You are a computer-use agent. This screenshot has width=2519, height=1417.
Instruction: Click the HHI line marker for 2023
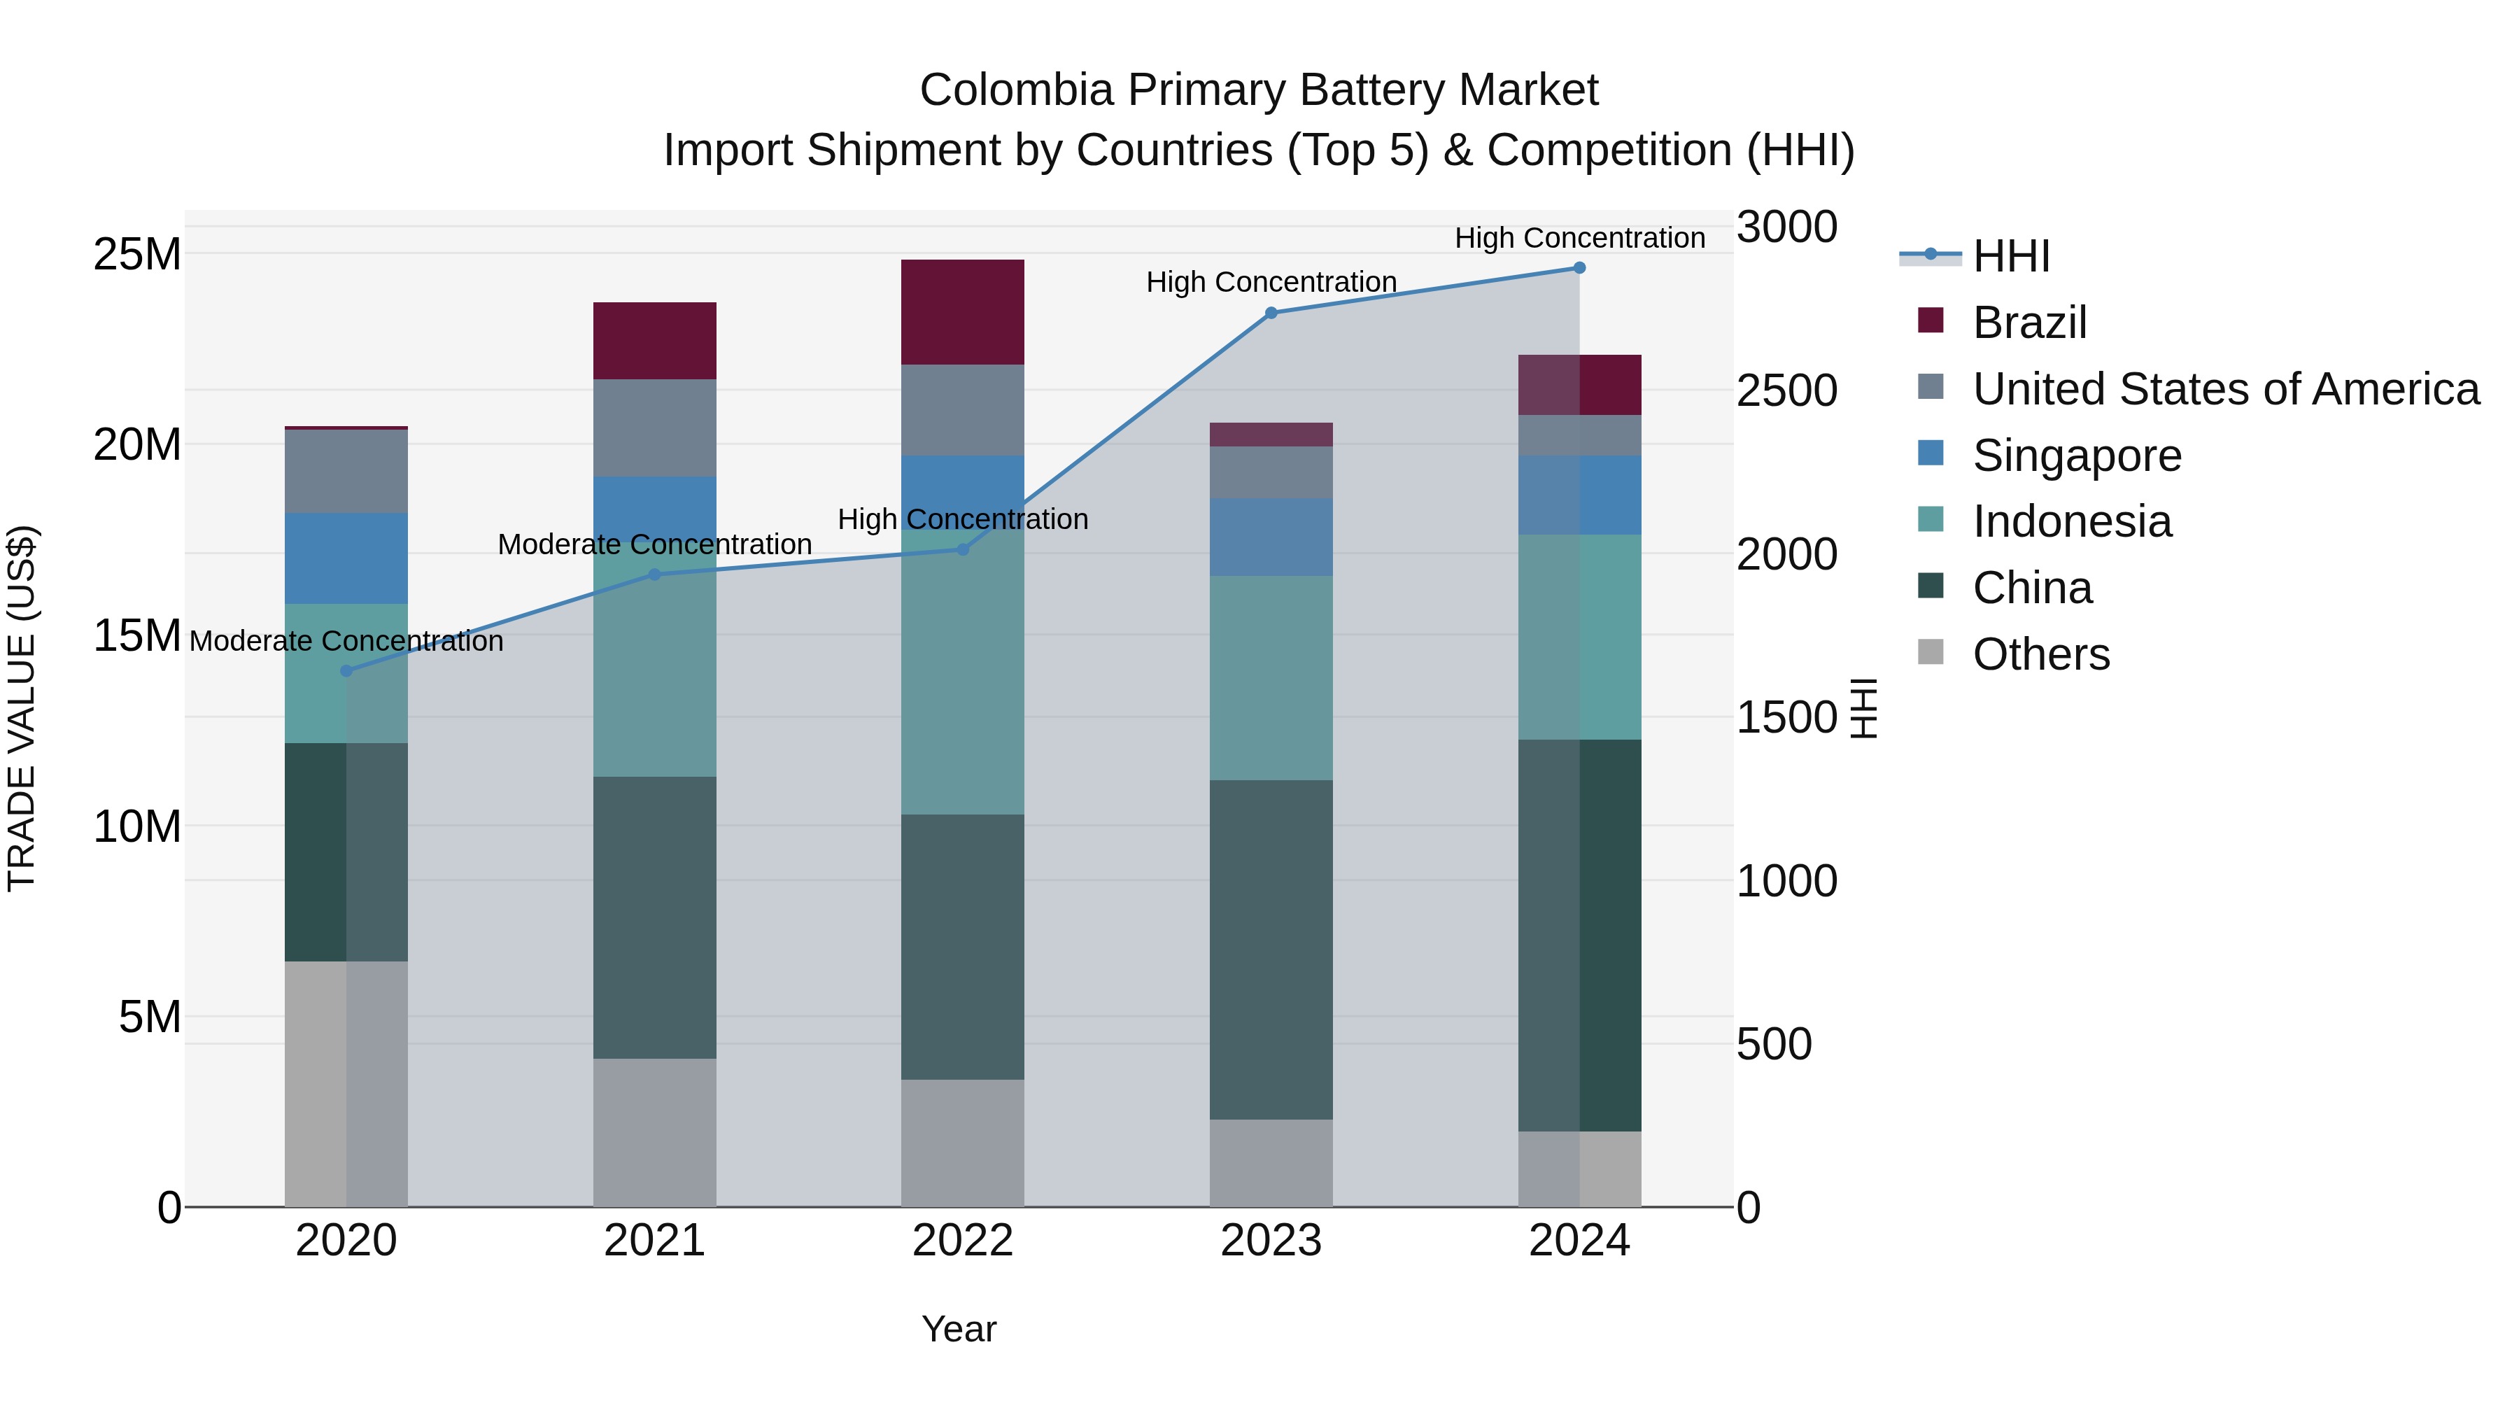tap(1270, 313)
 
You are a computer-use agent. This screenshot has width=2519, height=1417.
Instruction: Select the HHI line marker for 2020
tap(346, 671)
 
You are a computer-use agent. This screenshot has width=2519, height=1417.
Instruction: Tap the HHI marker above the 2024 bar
tap(1579, 268)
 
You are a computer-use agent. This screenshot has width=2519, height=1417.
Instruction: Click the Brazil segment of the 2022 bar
tap(962, 312)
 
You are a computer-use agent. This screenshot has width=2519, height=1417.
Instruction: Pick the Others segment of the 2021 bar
tap(654, 1132)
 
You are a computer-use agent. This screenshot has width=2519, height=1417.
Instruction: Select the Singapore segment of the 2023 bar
tap(1270, 536)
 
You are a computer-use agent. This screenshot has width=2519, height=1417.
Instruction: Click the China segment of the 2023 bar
tap(1270, 949)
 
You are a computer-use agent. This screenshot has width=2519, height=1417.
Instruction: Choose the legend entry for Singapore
tap(2076, 456)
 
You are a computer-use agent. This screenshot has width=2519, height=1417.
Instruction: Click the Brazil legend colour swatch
tap(1931, 320)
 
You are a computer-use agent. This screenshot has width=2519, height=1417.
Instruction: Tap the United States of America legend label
tap(2226, 389)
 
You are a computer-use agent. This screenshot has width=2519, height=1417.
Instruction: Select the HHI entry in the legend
tap(2010, 256)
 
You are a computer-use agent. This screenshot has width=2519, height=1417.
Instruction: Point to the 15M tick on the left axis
tap(137, 635)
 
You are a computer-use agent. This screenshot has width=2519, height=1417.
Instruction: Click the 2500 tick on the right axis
tap(1786, 390)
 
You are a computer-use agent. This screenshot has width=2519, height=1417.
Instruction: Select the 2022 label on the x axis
tap(962, 1241)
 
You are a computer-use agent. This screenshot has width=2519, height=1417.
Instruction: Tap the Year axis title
tap(959, 1329)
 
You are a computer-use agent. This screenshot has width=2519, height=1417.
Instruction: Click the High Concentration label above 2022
tap(962, 519)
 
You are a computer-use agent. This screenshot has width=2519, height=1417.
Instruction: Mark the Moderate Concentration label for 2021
tap(654, 544)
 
